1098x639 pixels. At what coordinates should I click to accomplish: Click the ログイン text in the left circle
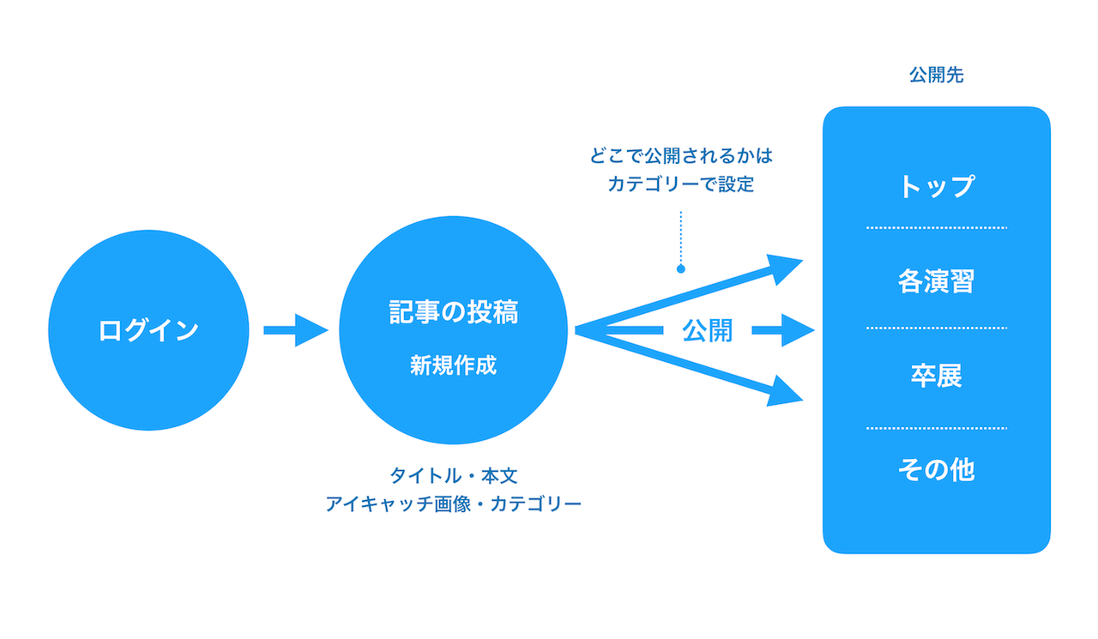[x=148, y=330]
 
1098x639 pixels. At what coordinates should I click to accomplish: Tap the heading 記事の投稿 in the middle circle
[x=454, y=311]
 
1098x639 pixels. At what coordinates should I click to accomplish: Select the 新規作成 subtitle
[x=454, y=365]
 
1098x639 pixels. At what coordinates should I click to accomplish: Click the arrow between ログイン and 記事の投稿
[x=296, y=330]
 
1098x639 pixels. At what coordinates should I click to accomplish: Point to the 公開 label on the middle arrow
[x=708, y=331]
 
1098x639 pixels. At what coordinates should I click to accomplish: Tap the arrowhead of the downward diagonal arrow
[x=784, y=392]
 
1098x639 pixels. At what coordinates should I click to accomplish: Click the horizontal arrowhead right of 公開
[x=798, y=330]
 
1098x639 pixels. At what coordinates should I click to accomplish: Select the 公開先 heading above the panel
[x=936, y=75]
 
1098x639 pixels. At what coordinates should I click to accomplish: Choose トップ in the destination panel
[x=936, y=186]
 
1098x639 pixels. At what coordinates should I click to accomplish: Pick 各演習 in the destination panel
[x=936, y=281]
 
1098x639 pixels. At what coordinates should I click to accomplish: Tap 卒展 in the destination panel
[x=936, y=376]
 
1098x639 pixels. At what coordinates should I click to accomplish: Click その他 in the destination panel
[x=936, y=469]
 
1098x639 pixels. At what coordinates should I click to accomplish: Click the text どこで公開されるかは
[x=681, y=156]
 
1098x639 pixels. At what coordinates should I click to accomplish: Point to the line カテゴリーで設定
[x=681, y=184]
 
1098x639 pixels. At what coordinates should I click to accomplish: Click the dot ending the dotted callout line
[x=681, y=268]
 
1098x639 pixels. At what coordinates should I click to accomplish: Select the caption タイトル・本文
[x=454, y=476]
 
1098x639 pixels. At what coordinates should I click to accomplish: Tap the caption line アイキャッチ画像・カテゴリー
[x=454, y=503]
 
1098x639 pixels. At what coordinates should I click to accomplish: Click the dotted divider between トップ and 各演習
[x=936, y=228]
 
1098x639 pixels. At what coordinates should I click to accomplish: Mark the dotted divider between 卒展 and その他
[x=936, y=428]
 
